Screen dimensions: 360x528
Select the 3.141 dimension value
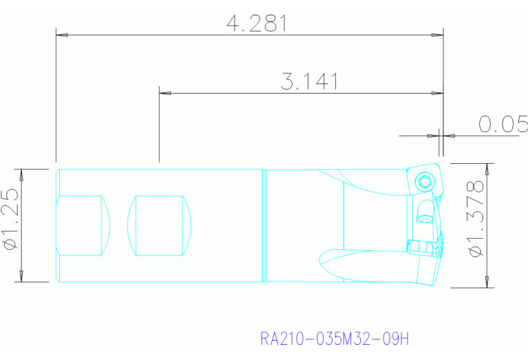(x=309, y=82)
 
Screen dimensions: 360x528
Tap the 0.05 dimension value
(x=503, y=124)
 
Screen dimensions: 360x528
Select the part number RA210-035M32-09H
(x=335, y=339)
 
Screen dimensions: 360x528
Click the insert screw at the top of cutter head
(x=424, y=181)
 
